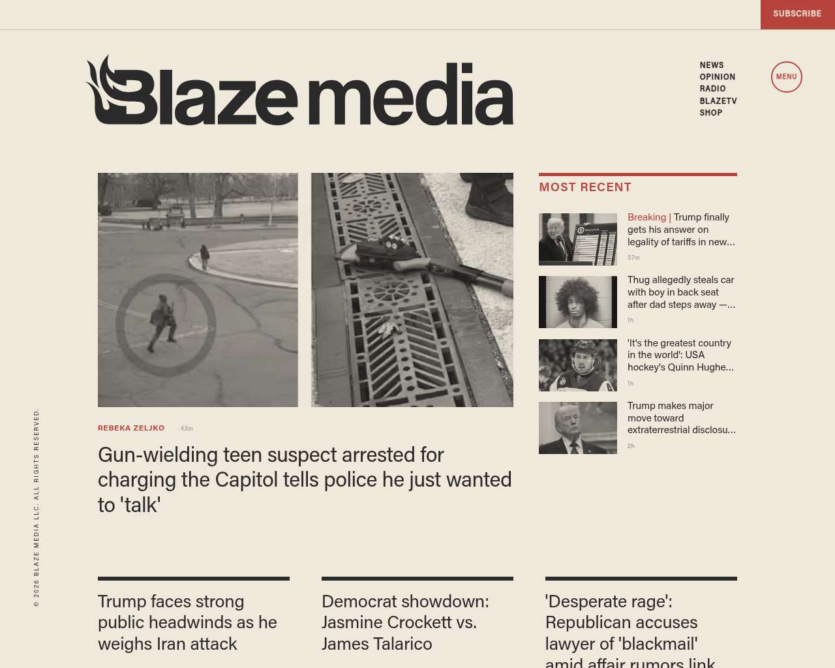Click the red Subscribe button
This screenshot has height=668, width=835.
point(797,14)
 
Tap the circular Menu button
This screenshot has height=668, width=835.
point(786,77)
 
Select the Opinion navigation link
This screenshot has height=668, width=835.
point(717,77)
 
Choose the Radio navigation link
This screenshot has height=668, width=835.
point(712,89)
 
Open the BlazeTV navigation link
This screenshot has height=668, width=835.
point(718,101)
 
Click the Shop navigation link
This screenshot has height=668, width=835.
point(710,113)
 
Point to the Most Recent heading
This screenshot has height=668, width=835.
point(585,187)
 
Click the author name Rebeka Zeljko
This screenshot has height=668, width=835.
point(131,428)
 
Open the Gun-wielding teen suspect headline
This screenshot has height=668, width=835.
point(304,479)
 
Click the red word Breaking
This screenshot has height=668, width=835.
point(646,217)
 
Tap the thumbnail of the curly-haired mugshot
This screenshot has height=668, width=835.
point(577,302)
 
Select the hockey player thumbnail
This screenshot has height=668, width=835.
point(577,365)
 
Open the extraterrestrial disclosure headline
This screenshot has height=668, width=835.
point(681,418)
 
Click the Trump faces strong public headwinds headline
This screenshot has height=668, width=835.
point(187,622)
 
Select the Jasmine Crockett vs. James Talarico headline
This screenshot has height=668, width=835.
point(405,622)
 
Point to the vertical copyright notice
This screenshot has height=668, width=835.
point(37,508)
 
